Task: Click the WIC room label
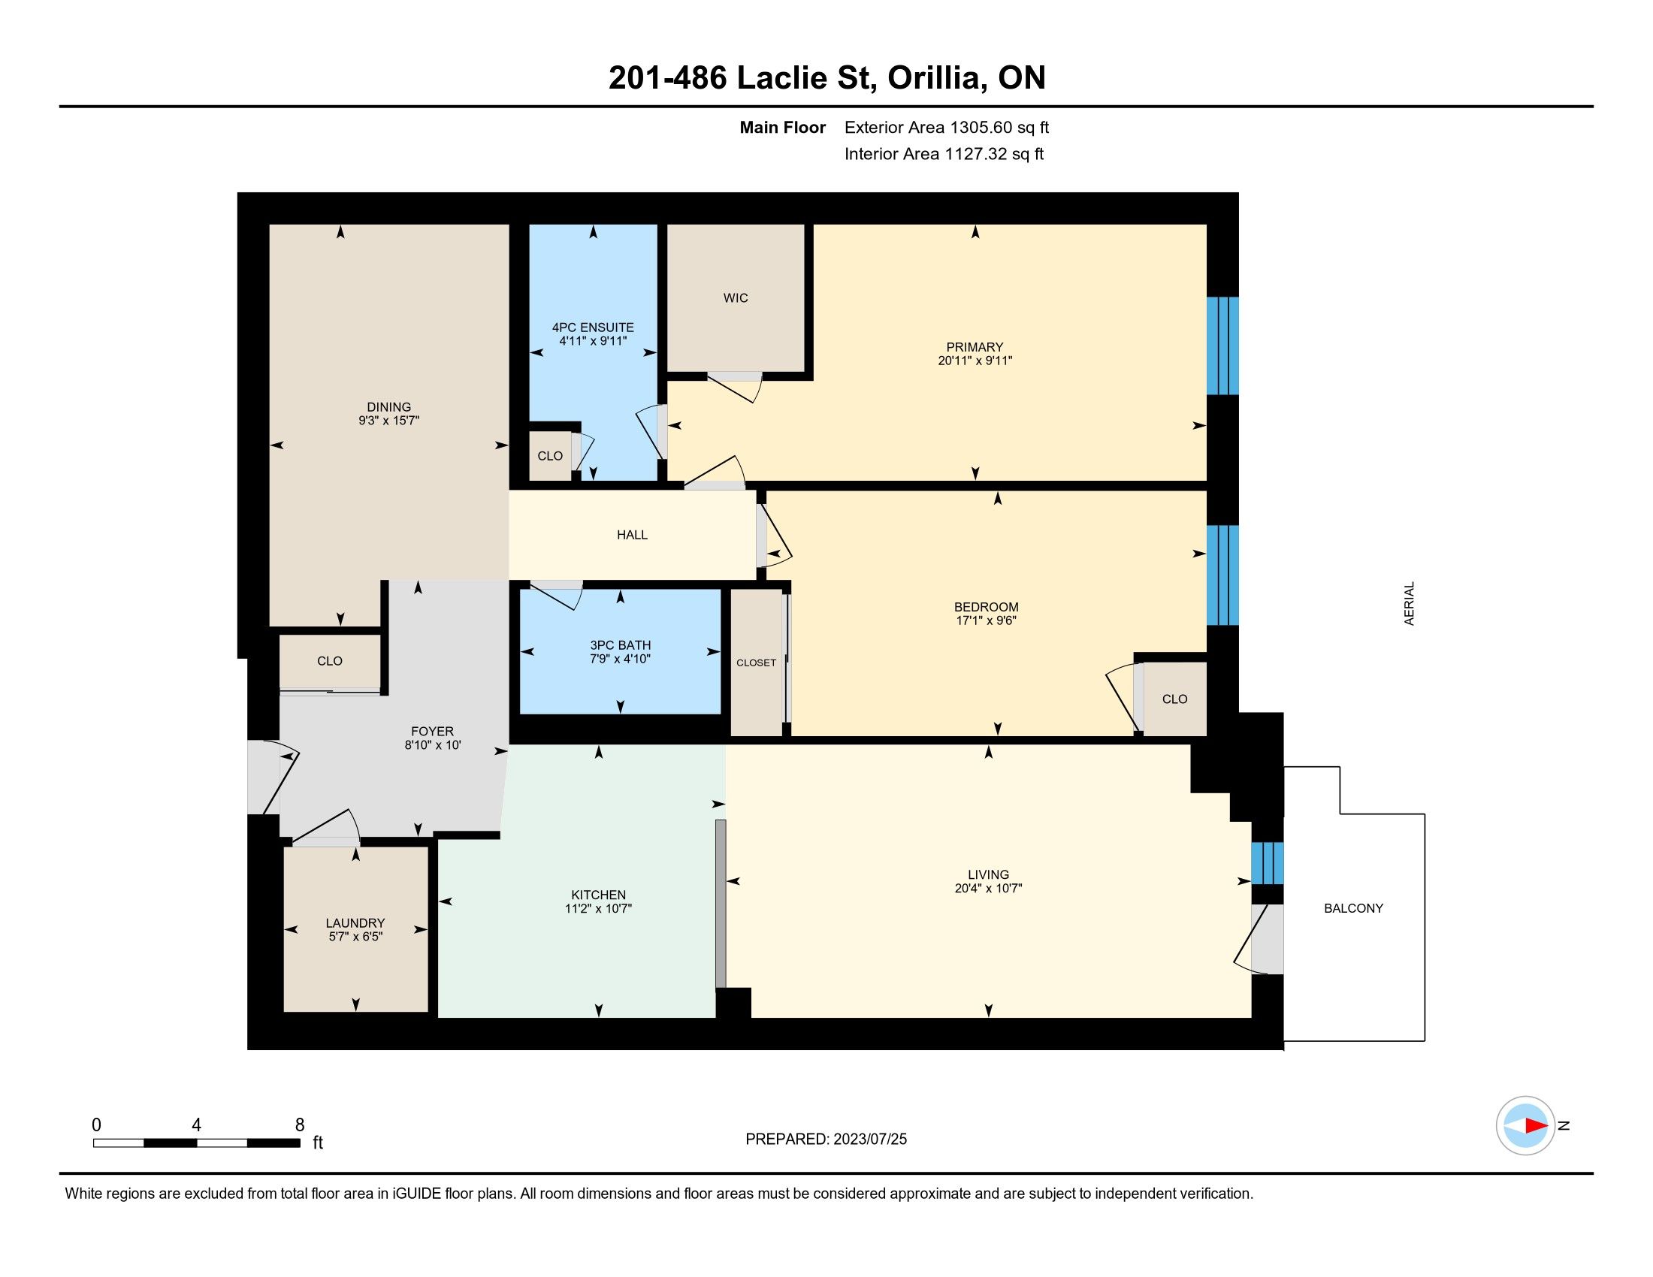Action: tap(735, 298)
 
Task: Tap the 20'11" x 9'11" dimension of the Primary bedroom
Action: tap(975, 361)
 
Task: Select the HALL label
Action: tap(632, 535)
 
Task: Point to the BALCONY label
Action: tap(1353, 908)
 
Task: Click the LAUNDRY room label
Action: tap(355, 923)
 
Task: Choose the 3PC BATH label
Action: tap(621, 645)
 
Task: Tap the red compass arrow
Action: tap(1536, 1126)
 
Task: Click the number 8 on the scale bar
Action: tap(300, 1125)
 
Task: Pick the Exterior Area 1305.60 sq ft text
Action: tap(947, 127)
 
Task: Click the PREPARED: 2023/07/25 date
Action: tap(826, 1140)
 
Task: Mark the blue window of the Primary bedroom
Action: tap(1222, 346)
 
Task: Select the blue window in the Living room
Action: tap(1267, 863)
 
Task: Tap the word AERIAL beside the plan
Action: tap(1409, 604)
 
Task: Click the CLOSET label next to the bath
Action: tap(756, 663)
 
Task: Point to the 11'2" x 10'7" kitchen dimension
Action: tap(598, 909)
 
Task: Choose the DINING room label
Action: tap(389, 407)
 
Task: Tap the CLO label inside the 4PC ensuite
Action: tap(550, 456)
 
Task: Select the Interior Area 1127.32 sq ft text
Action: tap(944, 154)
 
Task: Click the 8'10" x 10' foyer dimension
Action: tap(432, 745)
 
